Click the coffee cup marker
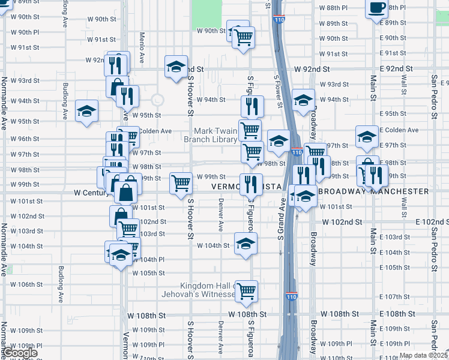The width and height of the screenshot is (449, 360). (377, 8)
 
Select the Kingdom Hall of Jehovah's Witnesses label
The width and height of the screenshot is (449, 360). (200, 290)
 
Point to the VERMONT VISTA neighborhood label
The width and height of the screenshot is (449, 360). (247, 187)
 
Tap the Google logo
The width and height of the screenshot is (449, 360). (19, 353)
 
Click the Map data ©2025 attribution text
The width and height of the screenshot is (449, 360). (423, 355)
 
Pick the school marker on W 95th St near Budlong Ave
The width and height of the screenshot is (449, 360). (87, 111)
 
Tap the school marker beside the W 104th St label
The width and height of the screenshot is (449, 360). (246, 244)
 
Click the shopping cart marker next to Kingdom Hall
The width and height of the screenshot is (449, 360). (247, 291)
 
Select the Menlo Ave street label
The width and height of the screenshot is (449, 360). (142, 48)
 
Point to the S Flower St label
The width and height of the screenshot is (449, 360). (278, 92)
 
